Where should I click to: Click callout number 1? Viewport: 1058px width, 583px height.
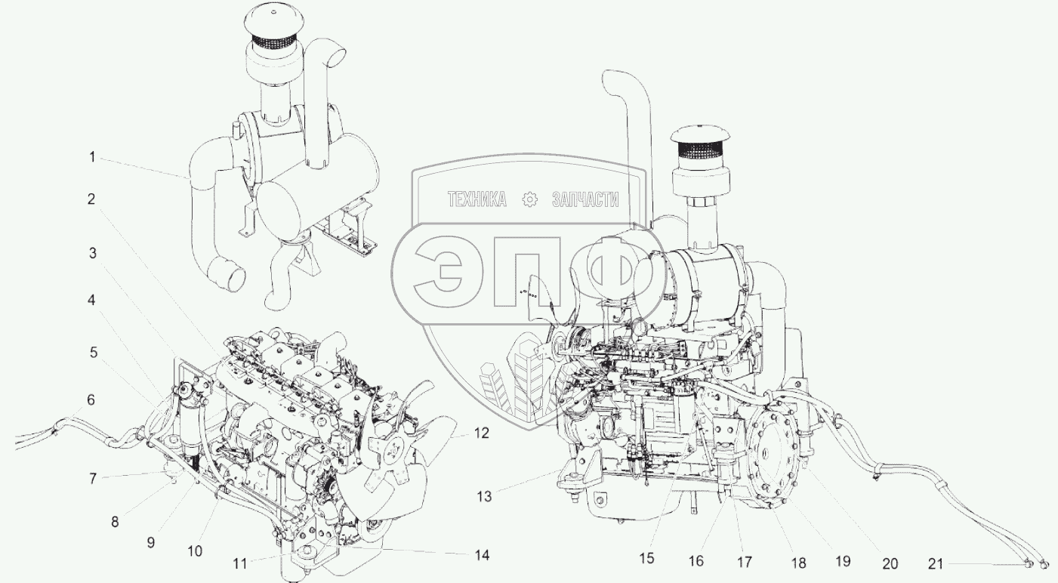[93, 157]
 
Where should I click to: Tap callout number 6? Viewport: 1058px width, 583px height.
[91, 399]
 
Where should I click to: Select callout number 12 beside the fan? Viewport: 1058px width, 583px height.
[481, 433]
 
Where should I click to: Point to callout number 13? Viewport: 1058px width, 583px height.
[484, 497]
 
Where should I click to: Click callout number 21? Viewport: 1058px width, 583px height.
[936, 563]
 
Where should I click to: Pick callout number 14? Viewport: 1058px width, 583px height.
[482, 555]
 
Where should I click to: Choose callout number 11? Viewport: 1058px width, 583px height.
[240, 563]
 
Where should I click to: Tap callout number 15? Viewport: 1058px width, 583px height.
[646, 558]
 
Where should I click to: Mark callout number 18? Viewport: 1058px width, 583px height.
[799, 563]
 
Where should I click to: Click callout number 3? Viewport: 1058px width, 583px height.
[93, 253]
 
